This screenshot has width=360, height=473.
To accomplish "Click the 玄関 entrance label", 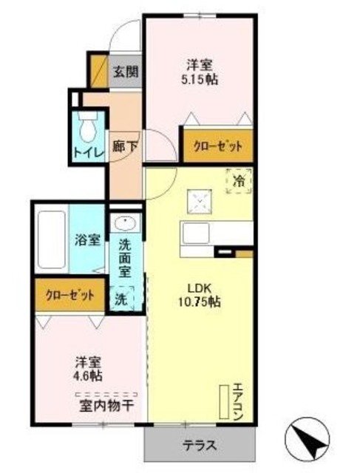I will pyautogui.click(x=123, y=72).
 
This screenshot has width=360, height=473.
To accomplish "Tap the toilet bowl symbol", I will pyautogui.click(x=87, y=129).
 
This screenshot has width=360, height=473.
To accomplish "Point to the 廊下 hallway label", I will pyautogui.click(x=123, y=146).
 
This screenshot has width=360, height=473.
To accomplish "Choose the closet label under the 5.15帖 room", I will pyautogui.click(x=217, y=146).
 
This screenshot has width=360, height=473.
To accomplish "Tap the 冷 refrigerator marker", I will pyautogui.click(x=239, y=179).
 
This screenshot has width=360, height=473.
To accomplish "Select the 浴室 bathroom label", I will pyautogui.click(x=88, y=239).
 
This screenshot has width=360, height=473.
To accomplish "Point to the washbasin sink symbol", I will pyautogui.click(x=124, y=225).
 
